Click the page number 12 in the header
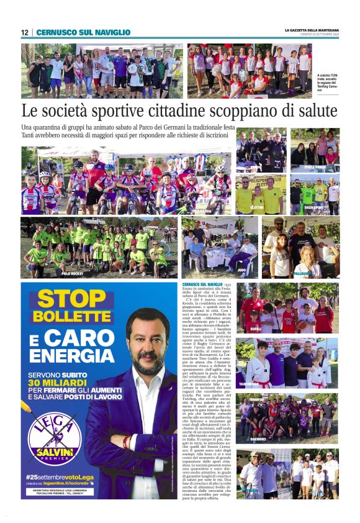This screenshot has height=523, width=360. click(25, 32)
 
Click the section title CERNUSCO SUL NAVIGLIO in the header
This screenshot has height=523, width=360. click(83, 32)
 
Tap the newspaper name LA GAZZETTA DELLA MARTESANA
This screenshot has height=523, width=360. click(312, 30)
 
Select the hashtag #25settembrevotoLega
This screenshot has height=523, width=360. click(59, 475)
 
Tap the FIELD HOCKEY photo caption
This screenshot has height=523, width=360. click(72, 273)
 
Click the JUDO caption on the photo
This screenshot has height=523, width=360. click(241, 271)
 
